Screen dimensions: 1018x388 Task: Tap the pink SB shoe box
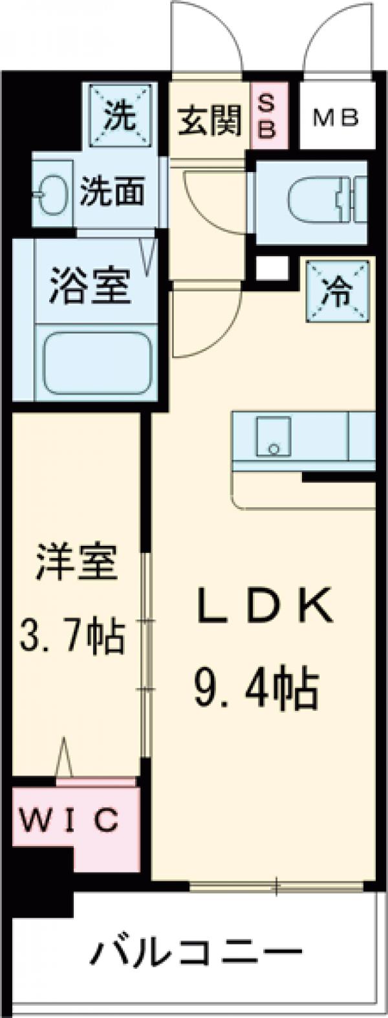pyautogui.click(x=264, y=116)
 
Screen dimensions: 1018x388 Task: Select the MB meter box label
pyautogui.click(x=336, y=118)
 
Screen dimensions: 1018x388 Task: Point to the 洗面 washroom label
pyautogui.click(x=112, y=191)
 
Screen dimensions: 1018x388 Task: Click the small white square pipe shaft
pyautogui.click(x=270, y=267)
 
